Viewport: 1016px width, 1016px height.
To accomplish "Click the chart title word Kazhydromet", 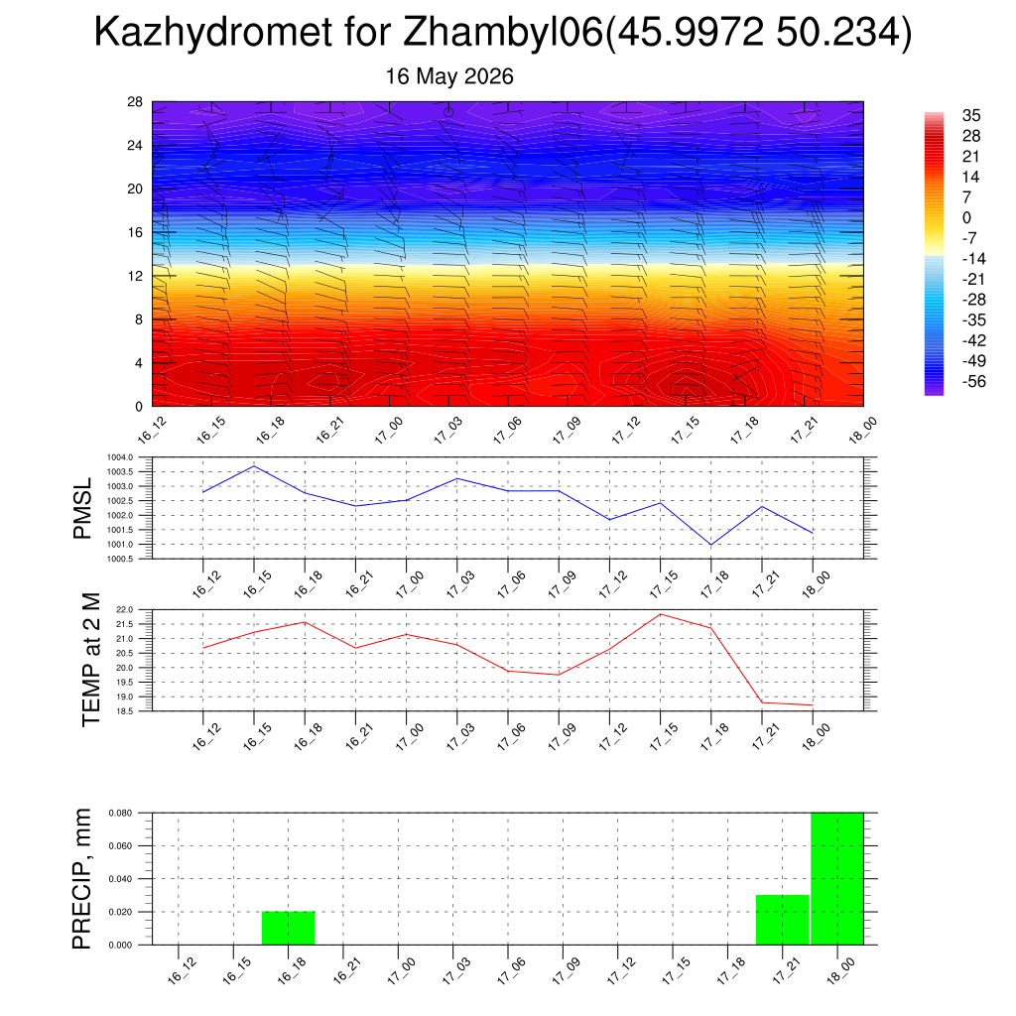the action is pyautogui.click(x=213, y=32).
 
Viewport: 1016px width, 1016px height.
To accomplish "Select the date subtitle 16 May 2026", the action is pyautogui.click(x=449, y=76).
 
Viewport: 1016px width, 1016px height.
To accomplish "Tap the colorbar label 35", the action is pyautogui.click(x=971, y=115).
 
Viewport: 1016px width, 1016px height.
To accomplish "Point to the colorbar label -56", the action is pyautogui.click(x=974, y=381).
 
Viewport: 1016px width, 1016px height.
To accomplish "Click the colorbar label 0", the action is pyautogui.click(x=966, y=217).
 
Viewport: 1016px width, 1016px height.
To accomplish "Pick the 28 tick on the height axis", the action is pyautogui.click(x=135, y=102).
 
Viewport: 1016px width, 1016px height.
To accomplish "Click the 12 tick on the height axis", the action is pyautogui.click(x=135, y=276).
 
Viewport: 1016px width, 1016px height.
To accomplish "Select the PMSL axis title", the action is pyautogui.click(x=83, y=509).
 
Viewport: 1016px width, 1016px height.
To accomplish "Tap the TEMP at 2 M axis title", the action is pyautogui.click(x=91, y=660).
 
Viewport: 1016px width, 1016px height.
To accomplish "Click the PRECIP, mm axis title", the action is pyautogui.click(x=82, y=879).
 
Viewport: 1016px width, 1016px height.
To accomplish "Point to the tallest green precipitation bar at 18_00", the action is pyautogui.click(x=837, y=879).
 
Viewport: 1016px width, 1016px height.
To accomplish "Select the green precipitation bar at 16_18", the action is pyautogui.click(x=289, y=928).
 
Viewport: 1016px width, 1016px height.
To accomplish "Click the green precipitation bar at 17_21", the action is pyautogui.click(x=783, y=920).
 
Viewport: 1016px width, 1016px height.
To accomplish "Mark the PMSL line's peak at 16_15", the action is pyautogui.click(x=254, y=466).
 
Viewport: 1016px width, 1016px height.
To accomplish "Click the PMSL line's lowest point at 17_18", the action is pyautogui.click(x=711, y=545).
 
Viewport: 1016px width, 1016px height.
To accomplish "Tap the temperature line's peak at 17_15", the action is pyautogui.click(x=660, y=614).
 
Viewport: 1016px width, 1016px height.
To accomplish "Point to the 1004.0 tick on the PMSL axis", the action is pyautogui.click(x=120, y=457).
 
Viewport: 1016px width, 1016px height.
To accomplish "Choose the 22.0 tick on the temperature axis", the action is pyautogui.click(x=125, y=610).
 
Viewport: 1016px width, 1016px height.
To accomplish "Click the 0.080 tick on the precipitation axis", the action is pyautogui.click(x=120, y=813).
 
